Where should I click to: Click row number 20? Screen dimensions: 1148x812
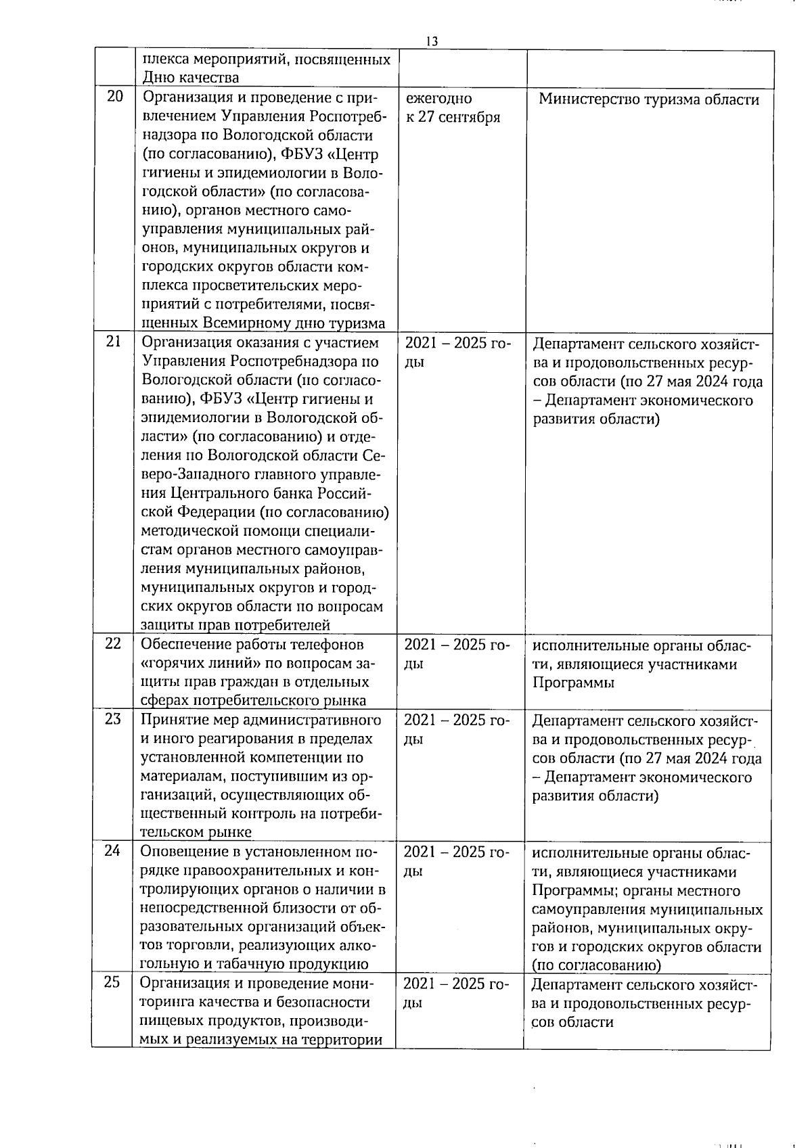[115, 96]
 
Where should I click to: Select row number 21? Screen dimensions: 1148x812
[114, 342]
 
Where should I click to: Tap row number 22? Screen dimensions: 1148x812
[113, 643]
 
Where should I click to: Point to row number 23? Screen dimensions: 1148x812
[112, 718]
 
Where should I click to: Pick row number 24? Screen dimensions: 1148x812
[112, 850]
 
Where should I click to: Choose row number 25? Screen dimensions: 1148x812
[112, 982]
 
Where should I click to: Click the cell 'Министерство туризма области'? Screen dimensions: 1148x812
[649, 99]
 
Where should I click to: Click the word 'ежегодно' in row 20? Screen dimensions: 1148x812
[438, 99]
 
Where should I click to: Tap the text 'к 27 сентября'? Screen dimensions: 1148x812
[453, 117]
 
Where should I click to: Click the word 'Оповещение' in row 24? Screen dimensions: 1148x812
[182, 852]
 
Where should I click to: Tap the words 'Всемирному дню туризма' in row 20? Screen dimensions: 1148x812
[294, 323]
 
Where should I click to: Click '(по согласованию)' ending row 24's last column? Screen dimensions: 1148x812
[596, 965]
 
